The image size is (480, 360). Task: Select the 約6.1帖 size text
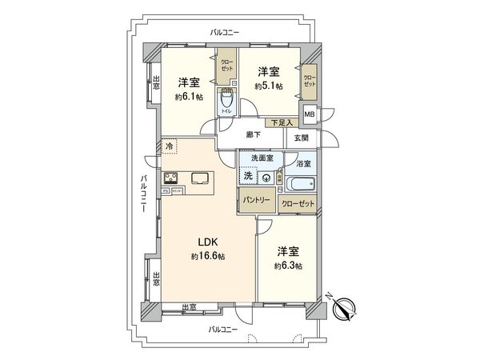(x=188, y=97)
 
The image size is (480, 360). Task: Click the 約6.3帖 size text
(x=287, y=265)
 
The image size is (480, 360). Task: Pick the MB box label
(x=310, y=114)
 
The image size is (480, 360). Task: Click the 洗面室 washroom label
(x=262, y=158)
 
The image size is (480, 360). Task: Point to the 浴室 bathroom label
(x=303, y=164)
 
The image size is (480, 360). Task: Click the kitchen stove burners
(x=172, y=178)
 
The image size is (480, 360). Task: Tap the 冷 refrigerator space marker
(x=169, y=147)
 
